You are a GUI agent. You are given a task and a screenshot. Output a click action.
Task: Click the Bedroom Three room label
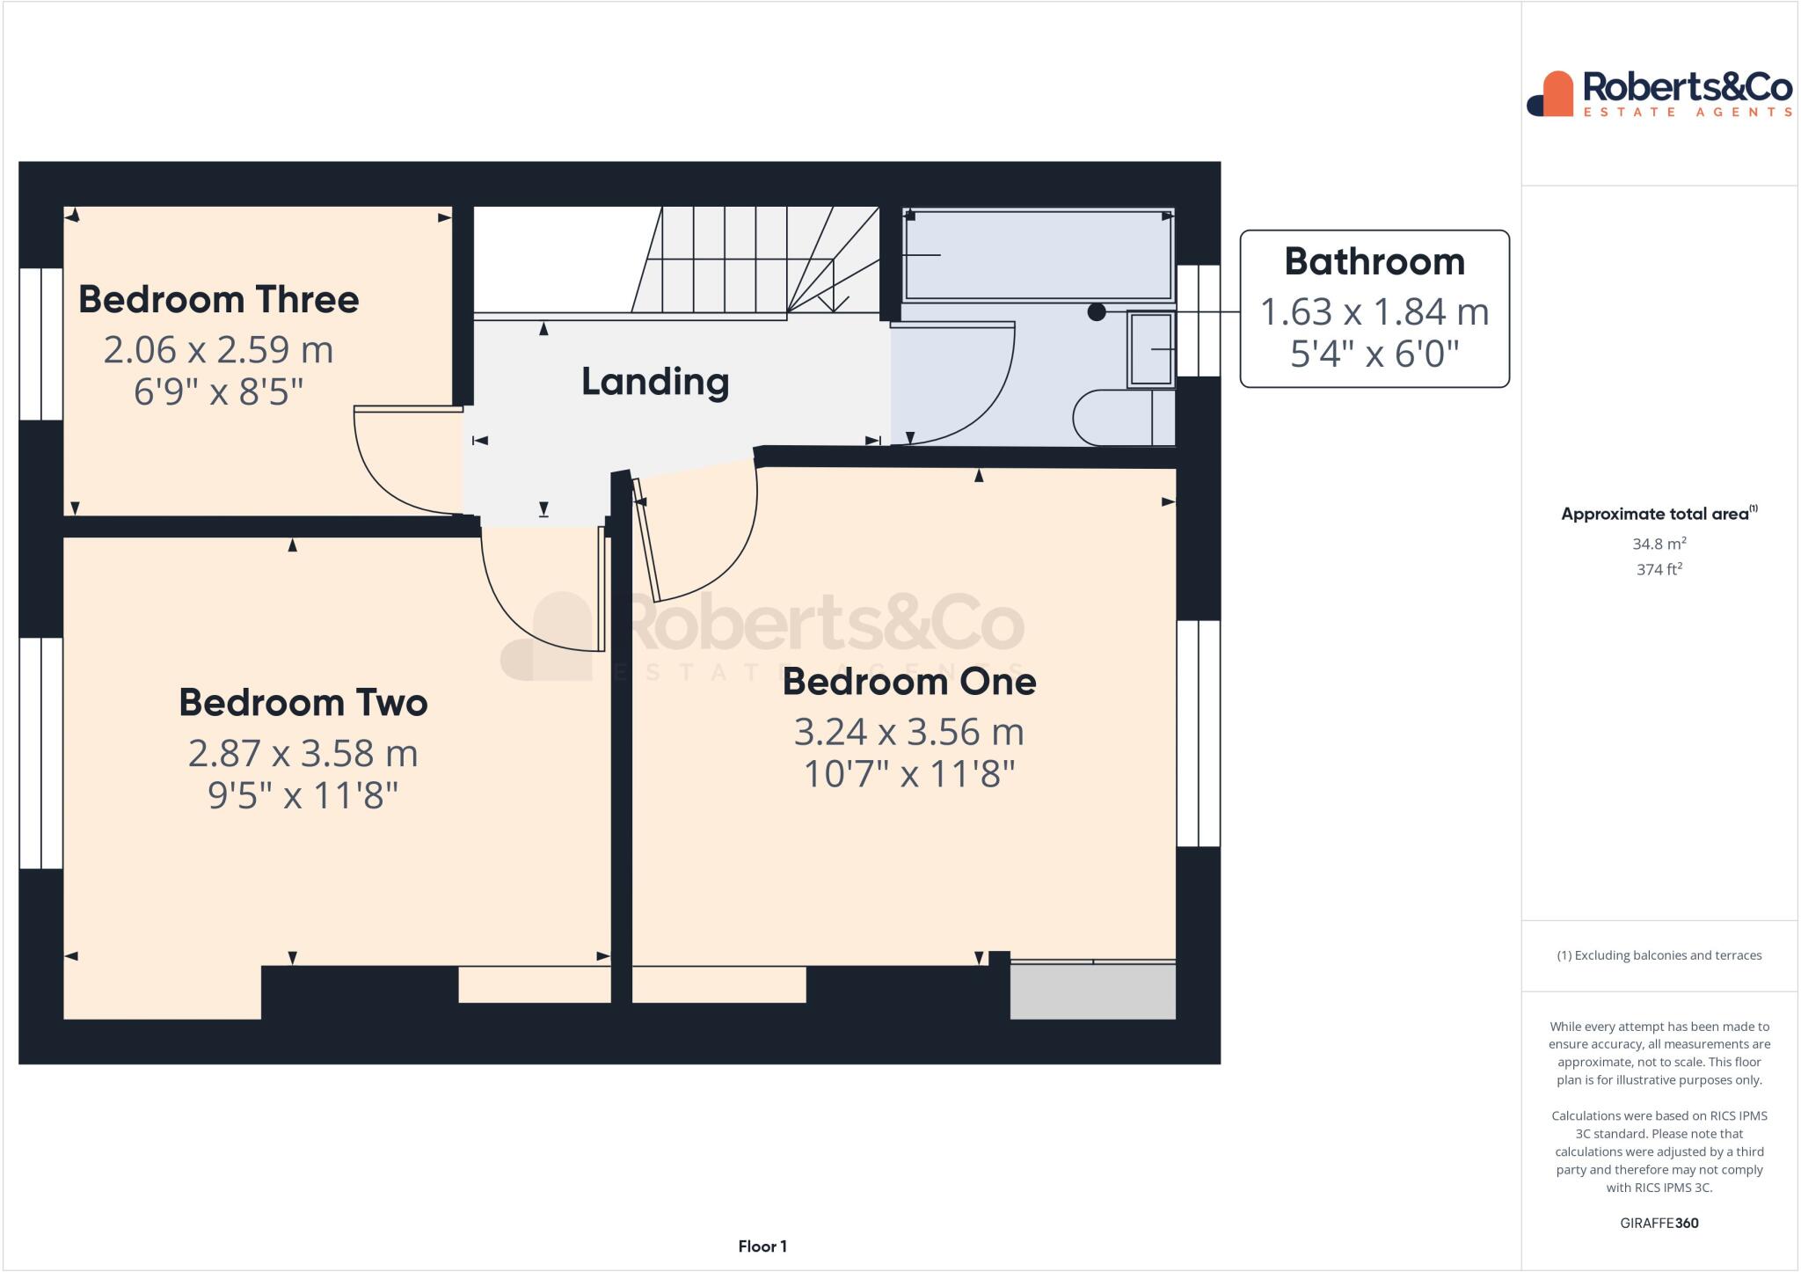tap(219, 300)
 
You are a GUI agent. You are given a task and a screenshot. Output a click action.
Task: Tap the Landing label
tap(655, 382)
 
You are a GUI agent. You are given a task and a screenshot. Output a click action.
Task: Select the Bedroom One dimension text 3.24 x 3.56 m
tap(908, 732)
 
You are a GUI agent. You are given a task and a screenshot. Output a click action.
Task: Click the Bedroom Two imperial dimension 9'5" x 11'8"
tap(303, 795)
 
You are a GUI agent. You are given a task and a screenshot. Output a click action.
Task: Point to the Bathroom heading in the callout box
tap(1374, 262)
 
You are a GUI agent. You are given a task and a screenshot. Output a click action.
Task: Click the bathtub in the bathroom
tap(1038, 254)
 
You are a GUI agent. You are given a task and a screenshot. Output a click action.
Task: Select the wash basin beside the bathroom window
tap(1151, 349)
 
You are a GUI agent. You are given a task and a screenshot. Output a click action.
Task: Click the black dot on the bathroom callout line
tap(1097, 311)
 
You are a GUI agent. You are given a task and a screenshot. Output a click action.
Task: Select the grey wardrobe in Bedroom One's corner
tap(1092, 991)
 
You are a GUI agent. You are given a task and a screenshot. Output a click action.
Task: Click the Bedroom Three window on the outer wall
tap(40, 343)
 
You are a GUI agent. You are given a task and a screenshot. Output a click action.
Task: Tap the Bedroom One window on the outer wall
tap(1198, 734)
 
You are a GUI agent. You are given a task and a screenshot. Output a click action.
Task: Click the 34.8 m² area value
tap(1659, 544)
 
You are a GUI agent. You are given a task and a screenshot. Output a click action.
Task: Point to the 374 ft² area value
tap(1659, 569)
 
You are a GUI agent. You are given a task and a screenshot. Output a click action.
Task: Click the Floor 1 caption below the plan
tap(762, 1246)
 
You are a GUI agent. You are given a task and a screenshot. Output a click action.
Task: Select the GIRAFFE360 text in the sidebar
tap(1659, 1223)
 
